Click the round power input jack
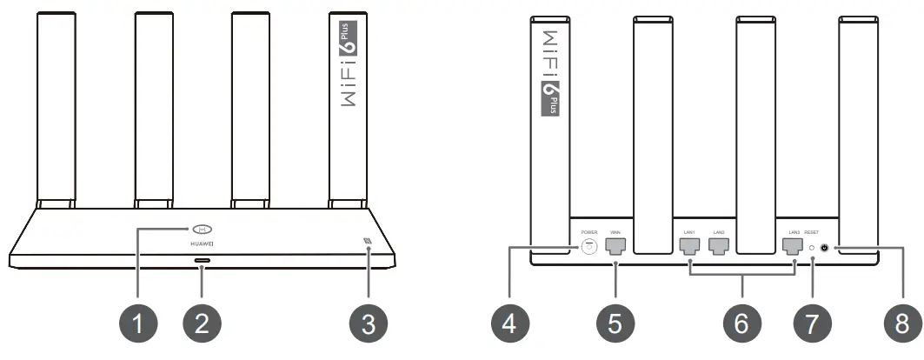(x=589, y=248)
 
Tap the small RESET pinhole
(x=812, y=248)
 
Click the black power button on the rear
(x=824, y=248)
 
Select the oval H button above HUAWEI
(x=203, y=230)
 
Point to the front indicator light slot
(x=203, y=260)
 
